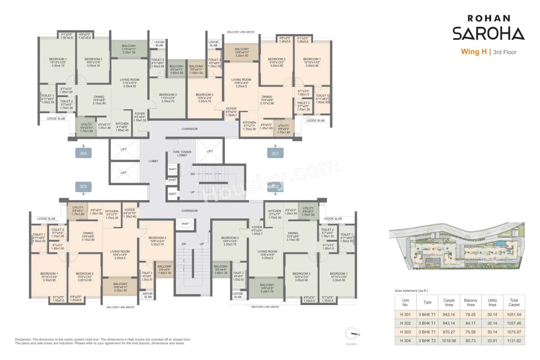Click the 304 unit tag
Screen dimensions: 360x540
pos(84,153)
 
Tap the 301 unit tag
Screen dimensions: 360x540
pos(275,153)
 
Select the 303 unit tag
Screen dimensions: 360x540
pos(84,186)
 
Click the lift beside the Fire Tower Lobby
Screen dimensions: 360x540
pos(210,151)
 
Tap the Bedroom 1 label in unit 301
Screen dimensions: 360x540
pos(311,59)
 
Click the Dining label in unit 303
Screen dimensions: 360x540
pos(88,233)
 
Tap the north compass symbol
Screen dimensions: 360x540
pos(351,333)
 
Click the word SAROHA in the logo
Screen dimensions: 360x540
pos(488,33)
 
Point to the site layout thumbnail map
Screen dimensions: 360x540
pos(456,247)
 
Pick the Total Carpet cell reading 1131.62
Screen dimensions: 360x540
pos(514,340)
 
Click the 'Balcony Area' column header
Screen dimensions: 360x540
pos(470,303)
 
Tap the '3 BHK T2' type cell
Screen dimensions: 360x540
pos(427,340)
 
